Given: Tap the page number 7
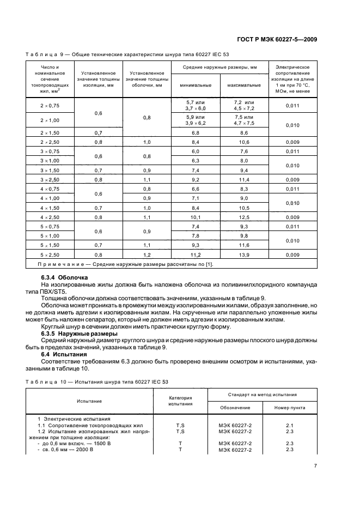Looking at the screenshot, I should (315, 465).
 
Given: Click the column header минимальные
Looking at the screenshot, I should (196, 86).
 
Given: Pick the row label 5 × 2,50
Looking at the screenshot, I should (50, 254).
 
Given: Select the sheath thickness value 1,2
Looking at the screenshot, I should (147, 254).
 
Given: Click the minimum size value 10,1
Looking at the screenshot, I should (196, 216).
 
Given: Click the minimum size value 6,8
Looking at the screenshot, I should (196, 132).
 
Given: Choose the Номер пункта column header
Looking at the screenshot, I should (290, 407).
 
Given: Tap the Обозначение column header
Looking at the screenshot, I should (235, 407).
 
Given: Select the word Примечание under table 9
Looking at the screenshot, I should (61, 264).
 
